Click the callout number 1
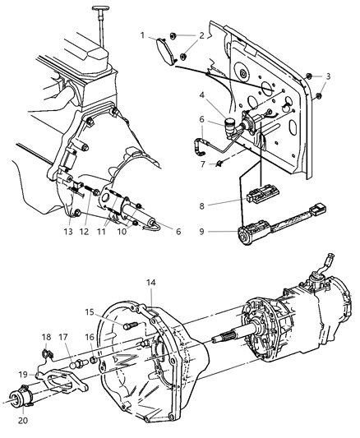[142, 35]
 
